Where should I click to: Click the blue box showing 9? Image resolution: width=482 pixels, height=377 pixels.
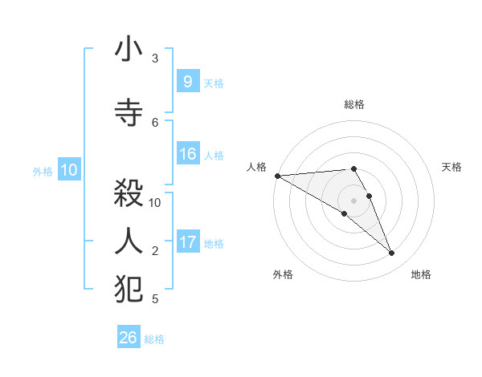click(x=187, y=81)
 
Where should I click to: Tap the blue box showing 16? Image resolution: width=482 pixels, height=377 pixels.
click(x=187, y=154)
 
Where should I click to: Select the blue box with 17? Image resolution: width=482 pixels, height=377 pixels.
click(x=187, y=242)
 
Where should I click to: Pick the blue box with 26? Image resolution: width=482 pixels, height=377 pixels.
click(x=129, y=338)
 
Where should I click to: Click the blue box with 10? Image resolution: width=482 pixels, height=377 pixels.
click(x=69, y=170)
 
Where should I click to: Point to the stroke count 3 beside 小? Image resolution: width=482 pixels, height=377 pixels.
click(x=155, y=59)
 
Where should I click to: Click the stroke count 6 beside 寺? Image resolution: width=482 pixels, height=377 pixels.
click(x=155, y=122)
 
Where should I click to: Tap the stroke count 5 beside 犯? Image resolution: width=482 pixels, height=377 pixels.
click(x=155, y=298)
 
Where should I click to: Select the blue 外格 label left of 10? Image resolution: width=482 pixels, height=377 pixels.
click(x=43, y=171)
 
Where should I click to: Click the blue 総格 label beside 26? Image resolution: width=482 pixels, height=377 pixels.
click(x=154, y=339)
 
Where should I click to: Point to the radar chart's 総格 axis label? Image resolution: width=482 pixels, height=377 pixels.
click(x=353, y=104)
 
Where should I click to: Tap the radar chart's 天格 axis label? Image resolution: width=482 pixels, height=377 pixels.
click(x=452, y=167)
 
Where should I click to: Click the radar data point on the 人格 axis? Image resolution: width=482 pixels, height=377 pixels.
click(x=277, y=176)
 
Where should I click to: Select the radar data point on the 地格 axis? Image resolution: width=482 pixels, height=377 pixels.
click(x=391, y=253)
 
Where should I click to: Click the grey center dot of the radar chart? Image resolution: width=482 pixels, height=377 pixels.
click(x=353, y=200)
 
